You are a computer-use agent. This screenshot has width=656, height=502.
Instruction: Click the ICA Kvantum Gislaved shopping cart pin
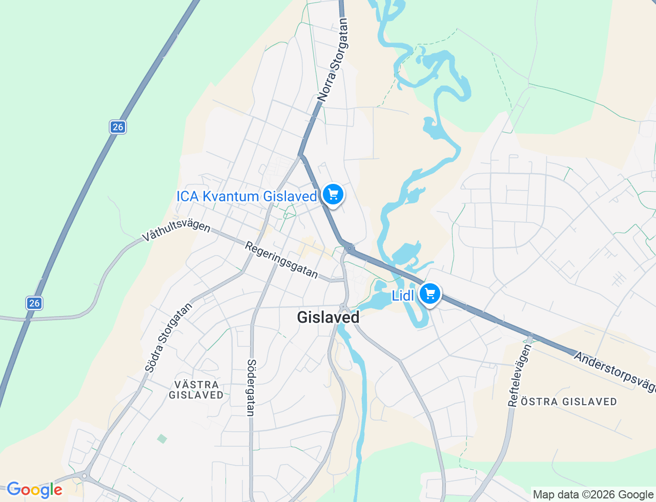coord(333,195)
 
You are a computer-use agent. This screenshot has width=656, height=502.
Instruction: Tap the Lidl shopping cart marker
coord(430,294)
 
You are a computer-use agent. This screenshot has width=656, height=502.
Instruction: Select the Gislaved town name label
coord(328,318)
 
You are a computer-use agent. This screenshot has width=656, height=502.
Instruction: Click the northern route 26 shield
coord(118,127)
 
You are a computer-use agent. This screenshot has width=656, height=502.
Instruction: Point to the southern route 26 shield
coord(34,303)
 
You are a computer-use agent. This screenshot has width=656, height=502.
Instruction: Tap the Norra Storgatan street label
coord(333,59)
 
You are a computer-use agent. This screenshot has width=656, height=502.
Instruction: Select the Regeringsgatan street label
coord(281,260)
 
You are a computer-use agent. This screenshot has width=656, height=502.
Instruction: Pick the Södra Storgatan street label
coord(168,338)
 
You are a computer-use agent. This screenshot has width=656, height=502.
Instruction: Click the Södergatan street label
coord(251,387)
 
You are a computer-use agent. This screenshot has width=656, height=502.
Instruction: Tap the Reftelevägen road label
coord(520,375)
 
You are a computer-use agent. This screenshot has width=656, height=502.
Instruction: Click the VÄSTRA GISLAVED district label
coord(196,390)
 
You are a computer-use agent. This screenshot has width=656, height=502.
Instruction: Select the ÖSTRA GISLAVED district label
coord(569,402)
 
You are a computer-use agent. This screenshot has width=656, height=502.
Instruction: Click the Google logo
coord(34,490)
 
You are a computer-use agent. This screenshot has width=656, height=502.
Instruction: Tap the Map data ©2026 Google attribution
coord(593,495)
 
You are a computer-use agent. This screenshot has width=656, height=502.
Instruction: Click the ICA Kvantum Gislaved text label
coord(247,196)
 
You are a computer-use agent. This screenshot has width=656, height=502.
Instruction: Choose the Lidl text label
coord(403,296)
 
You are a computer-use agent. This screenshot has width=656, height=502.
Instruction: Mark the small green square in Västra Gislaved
coord(162,438)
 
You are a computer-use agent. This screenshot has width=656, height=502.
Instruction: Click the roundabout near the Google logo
coord(85,476)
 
